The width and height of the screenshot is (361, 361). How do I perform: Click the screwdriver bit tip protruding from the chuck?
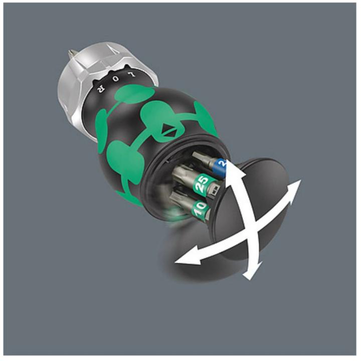pos(72,52)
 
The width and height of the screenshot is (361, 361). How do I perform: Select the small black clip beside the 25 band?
pos(215,190)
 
